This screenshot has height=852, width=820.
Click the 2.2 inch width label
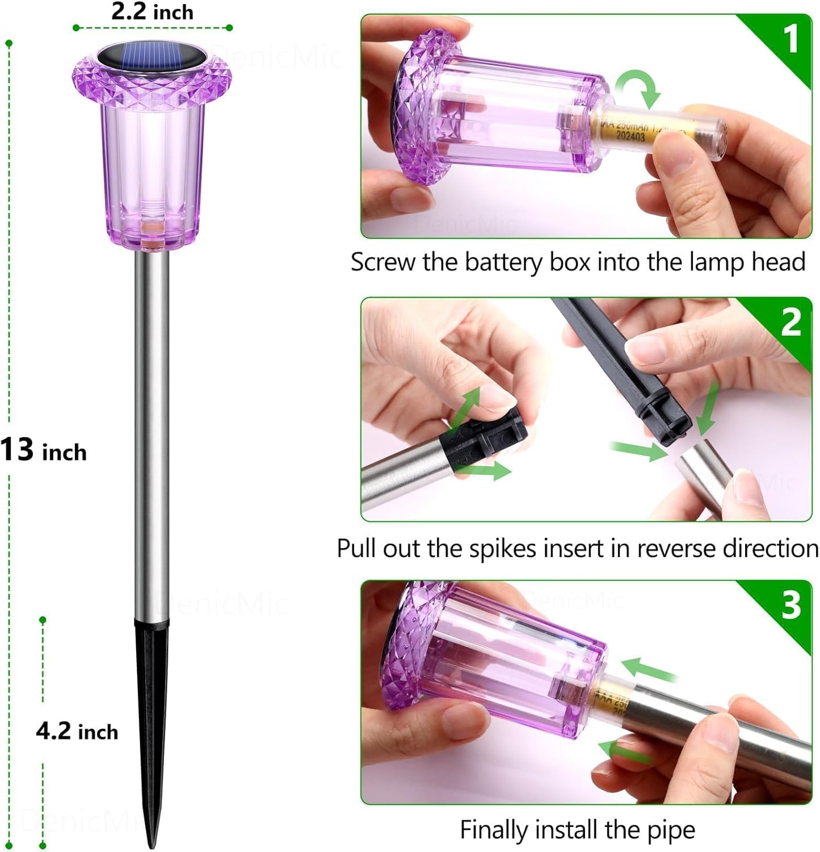[x=152, y=12]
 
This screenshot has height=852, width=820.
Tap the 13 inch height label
[x=43, y=450]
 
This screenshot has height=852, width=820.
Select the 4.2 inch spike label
[x=77, y=731]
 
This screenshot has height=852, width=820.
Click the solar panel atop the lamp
[x=152, y=57]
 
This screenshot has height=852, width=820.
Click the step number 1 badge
[x=790, y=39]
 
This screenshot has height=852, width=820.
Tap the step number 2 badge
[x=790, y=321]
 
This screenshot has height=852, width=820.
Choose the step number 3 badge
[x=791, y=604]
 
